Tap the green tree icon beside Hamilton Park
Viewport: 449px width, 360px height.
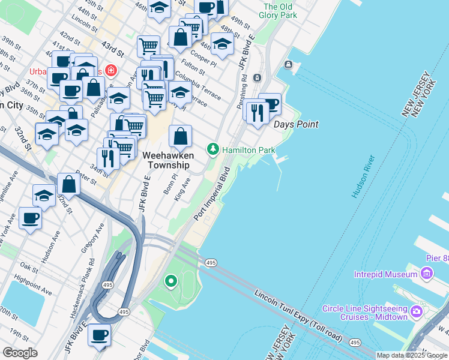212,149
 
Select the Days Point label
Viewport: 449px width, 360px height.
295,125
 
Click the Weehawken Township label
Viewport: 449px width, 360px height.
166,160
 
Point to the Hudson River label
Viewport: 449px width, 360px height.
364,176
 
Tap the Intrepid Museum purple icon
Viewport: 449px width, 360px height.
427,274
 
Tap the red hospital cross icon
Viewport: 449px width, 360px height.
110,71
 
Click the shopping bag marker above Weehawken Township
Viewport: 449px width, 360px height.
181,137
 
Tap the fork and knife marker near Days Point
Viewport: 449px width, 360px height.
258,112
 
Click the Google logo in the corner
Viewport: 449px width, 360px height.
20,353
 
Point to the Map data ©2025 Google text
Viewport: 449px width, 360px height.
412,355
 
